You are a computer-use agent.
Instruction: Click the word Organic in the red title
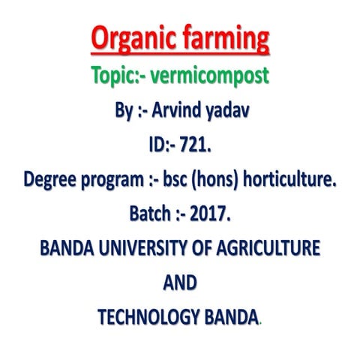133,38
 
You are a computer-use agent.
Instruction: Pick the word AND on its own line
180,282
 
